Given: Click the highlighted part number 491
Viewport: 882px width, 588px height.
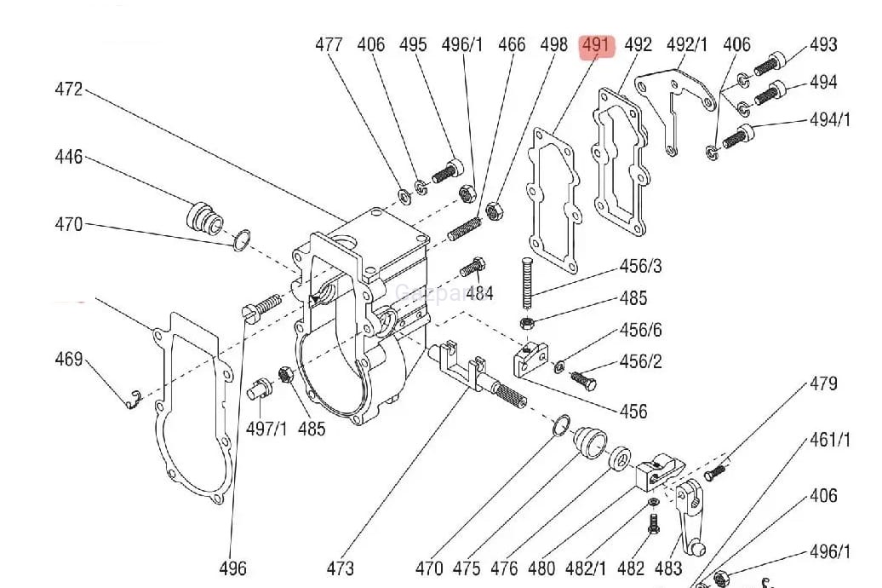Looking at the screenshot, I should click(x=596, y=45).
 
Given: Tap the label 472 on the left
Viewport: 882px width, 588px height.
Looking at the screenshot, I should click(x=69, y=89).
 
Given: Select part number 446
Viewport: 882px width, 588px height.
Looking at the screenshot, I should click(x=69, y=157).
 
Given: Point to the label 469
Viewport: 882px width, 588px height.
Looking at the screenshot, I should click(x=69, y=359).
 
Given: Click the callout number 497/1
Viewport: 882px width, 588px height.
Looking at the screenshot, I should click(x=266, y=428).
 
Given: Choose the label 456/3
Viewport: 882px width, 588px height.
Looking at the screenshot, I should click(x=640, y=267).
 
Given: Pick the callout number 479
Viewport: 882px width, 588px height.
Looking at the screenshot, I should click(x=823, y=383).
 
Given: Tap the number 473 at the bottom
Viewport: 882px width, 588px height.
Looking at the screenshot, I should click(x=340, y=568).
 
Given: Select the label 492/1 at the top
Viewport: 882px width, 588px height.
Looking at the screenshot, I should click(x=687, y=45).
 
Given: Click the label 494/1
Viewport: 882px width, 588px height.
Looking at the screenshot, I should click(x=829, y=119).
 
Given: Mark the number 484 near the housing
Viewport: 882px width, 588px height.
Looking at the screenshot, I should click(x=479, y=294).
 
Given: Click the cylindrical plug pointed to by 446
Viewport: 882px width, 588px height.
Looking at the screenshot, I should click(x=203, y=216).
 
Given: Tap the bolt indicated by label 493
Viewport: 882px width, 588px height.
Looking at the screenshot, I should click(x=770, y=65).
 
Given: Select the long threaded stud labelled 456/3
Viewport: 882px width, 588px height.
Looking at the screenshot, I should click(x=527, y=282).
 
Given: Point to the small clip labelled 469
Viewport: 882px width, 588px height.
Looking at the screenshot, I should click(x=129, y=398).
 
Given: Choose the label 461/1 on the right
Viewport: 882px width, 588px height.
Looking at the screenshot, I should click(x=829, y=440).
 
